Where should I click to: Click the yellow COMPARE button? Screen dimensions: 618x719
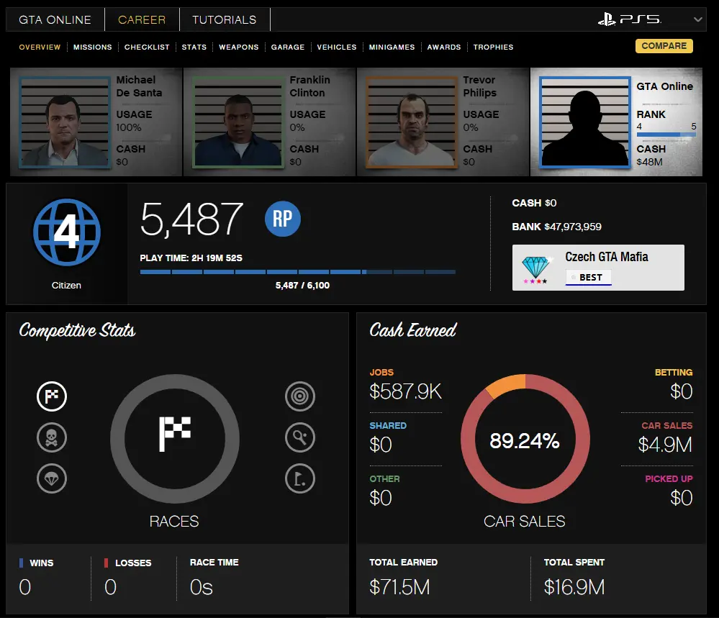click(x=664, y=46)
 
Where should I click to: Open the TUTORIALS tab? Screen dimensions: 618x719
click(x=225, y=19)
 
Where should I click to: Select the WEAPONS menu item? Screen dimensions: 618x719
click(x=238, y=47)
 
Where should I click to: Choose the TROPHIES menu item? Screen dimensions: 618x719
click(x=493, y=47)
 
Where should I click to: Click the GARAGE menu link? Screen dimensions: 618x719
click(x=288, y=47)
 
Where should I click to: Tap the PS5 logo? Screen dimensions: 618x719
click(x=629, y=19)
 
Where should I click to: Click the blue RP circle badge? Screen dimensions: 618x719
click(x=282, y=219)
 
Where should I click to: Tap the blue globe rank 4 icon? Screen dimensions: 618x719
click(x=66, y=232)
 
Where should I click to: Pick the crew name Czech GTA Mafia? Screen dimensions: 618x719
click(x=606, y=257)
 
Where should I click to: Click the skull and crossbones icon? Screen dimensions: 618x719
click(x=52, y=437)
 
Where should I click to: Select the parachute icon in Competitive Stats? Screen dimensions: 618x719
click(x=52, y=478)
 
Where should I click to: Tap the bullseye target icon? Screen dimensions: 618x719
click(x=299, y=396)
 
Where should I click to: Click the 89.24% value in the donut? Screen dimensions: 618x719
click(x=524, y=441)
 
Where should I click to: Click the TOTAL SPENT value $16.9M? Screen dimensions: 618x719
click(x=574, y=587)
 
